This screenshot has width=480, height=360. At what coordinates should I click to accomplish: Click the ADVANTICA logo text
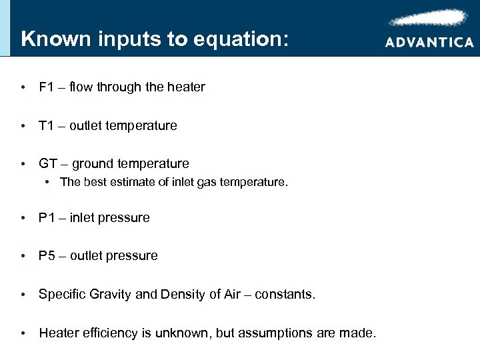pos(429,42)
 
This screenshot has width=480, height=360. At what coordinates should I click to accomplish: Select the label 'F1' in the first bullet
pos(47,87)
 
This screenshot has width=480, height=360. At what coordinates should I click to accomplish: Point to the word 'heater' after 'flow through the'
pos(187,87)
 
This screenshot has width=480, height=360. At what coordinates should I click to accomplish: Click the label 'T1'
pos(47,125)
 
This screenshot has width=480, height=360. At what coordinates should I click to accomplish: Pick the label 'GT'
pos(48,163)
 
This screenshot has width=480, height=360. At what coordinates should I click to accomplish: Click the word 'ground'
pos(93,164)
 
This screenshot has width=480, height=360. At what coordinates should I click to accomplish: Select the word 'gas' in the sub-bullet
pos(207,182)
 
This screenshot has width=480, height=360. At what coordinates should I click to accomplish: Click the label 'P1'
pos(47,217)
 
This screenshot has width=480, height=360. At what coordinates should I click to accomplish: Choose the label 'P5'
pos(47,255)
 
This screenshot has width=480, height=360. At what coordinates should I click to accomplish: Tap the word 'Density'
pos(180,294)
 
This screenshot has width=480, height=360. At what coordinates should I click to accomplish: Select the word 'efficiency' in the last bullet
pos(110,332)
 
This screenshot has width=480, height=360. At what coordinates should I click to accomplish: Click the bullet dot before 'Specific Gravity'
pos(23,294)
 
